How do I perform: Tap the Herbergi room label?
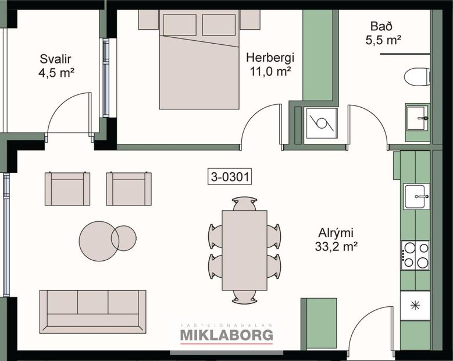(x=270, y=64)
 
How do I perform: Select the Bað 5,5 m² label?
(x=384, y=33)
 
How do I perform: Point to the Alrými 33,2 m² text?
(x=336, y=238)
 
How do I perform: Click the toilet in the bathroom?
(x=417, y=76)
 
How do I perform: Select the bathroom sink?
(x=417, y=118)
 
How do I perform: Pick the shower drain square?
(x=322, y=123)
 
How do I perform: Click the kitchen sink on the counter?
(x=416, y=196)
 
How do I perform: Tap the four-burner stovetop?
(x=415, y=255)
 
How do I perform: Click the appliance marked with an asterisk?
(x=415, y=306)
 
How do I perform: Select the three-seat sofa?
(x=92, y=311)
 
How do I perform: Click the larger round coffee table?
(x=98, y=240)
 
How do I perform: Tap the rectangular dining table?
(x=244, y=250)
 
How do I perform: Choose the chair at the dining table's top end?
(x=244, y=203)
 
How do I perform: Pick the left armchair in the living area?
(x=67, y=189)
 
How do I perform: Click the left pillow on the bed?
(x=180, y=24)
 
